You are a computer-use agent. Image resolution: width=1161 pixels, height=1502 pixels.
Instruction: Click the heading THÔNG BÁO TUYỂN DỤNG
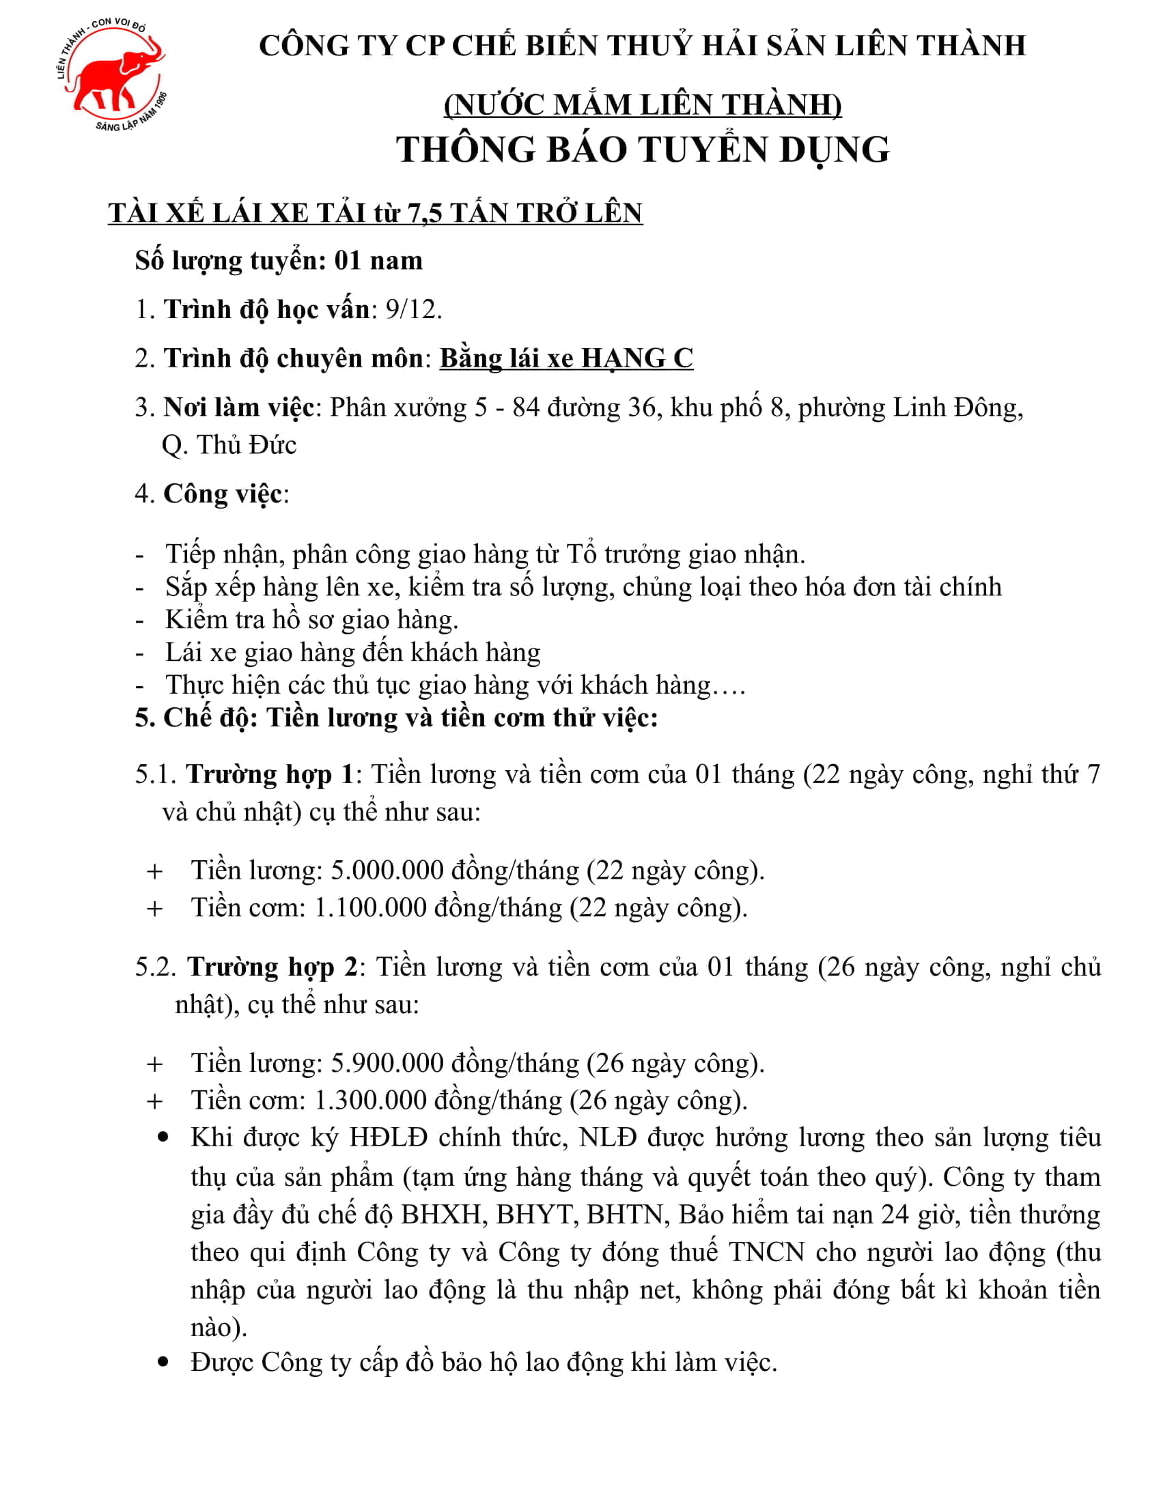(643, 150)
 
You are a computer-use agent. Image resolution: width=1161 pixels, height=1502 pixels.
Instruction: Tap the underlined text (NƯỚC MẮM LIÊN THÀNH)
(643, 104)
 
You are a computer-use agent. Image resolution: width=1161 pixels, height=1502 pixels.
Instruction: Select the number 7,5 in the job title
(424, 213)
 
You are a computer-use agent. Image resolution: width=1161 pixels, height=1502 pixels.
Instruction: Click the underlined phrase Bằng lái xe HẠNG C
(566, 358)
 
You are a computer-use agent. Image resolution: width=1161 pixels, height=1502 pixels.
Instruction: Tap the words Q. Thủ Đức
(229, 445)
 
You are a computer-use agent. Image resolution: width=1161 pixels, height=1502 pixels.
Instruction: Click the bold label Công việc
(222, 494)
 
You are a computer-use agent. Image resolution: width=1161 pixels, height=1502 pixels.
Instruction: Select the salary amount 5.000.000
(387, 870)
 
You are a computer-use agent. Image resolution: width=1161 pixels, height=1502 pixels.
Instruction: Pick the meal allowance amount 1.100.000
(370, 907)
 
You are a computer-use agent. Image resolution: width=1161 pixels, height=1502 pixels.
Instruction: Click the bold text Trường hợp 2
(272, 967)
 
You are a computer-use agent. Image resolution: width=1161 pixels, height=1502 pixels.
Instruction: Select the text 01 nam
(378, 261)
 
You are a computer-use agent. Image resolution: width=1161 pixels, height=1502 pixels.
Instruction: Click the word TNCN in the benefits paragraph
(766, 1251)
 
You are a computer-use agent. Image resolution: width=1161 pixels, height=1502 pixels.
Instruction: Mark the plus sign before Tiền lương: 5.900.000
(155, 1064)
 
